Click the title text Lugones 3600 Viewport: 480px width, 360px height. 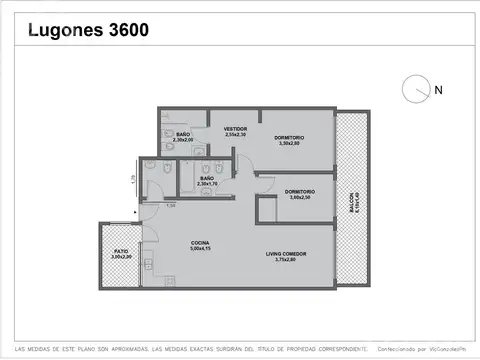click(x=87, y=30)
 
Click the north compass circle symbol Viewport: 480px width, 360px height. click(x=413, y=90)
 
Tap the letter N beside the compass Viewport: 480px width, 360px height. click(x=438, y=91)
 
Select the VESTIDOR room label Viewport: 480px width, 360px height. click(x=235, y=129)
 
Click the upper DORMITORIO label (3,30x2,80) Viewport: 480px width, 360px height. click(x=289, y=137)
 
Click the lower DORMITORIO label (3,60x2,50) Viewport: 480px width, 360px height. click(x=300, y=191)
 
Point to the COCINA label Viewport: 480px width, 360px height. click(x=201, y=243)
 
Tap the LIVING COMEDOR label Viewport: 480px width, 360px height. click(x=286, y=254)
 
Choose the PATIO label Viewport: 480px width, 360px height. click(x=121, y=251)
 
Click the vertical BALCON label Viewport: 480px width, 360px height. click(x=351, y=205)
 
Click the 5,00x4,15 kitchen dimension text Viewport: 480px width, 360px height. click(x=201, y=249)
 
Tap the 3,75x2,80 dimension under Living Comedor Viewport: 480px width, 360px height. click(x=286, y=260)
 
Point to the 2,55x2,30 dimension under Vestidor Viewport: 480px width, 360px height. click(x=235, y=135)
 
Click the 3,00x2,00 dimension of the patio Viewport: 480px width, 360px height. click(x=121, y=257)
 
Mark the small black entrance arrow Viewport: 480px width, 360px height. click(x=135, y=212)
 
